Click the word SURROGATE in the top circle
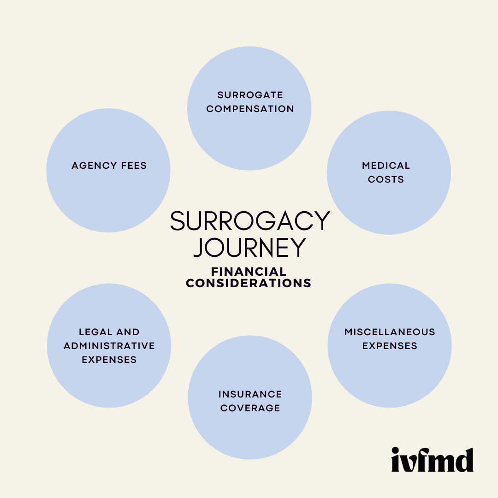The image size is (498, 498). tap(250, 95)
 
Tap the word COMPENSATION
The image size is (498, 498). tap(250, 109)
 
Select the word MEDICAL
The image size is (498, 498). tap(386, 166)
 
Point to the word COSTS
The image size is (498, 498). tap(386, 179)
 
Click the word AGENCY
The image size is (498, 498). tap(90, 166)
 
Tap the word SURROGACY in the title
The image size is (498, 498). tap(250, 221)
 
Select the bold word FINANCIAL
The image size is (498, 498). tap(249, 272)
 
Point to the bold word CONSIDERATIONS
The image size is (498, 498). tap(249, 283)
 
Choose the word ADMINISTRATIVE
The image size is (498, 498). tap(109, 346)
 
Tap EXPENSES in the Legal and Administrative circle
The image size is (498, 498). tap(109, 360)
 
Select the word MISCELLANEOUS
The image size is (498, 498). tap(390, 332)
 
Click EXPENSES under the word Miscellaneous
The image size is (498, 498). tap(390, 346)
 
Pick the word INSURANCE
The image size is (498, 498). tap(250, 394)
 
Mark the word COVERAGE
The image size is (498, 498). tap(250, 408)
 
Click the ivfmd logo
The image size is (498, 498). tap(432, 460)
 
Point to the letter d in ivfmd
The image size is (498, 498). tap(464, 460)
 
